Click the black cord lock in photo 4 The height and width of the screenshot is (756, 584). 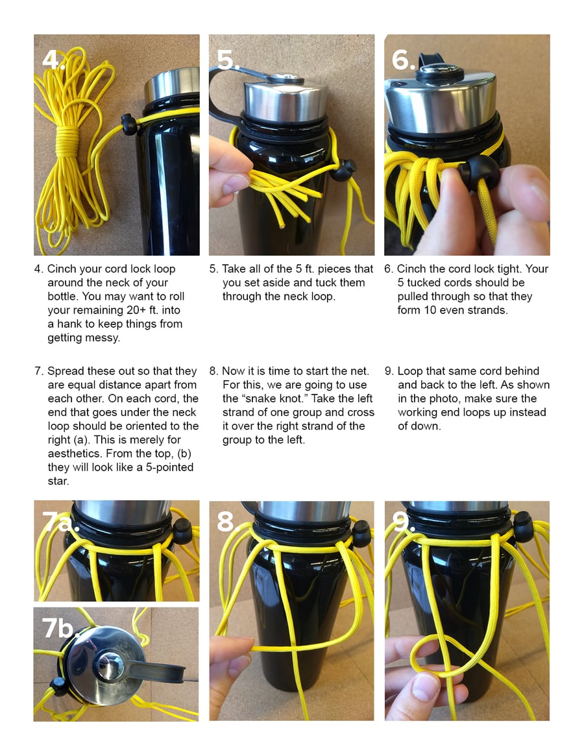(x=128, y=124)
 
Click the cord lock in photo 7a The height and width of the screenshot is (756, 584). (x=182, y=531)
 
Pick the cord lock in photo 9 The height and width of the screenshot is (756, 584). (x=523, y=528)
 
